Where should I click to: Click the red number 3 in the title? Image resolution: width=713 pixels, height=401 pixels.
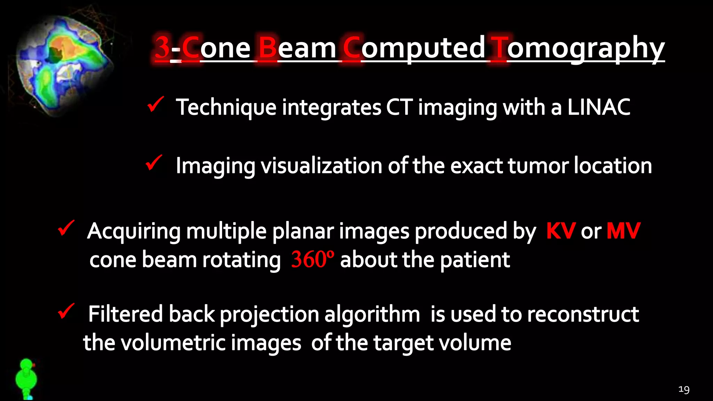[162, 48]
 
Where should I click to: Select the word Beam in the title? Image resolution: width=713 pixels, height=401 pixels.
[298, 48]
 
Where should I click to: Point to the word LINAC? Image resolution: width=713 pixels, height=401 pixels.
[598, 107]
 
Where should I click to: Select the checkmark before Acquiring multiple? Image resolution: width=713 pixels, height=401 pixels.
[66, 228]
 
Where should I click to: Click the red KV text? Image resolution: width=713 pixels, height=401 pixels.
[561, 231]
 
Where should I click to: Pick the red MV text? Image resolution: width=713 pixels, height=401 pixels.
[623, 231]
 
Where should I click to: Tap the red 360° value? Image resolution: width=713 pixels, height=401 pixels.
[312, 259]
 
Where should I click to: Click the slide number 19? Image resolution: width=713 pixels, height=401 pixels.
[684, 389]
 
